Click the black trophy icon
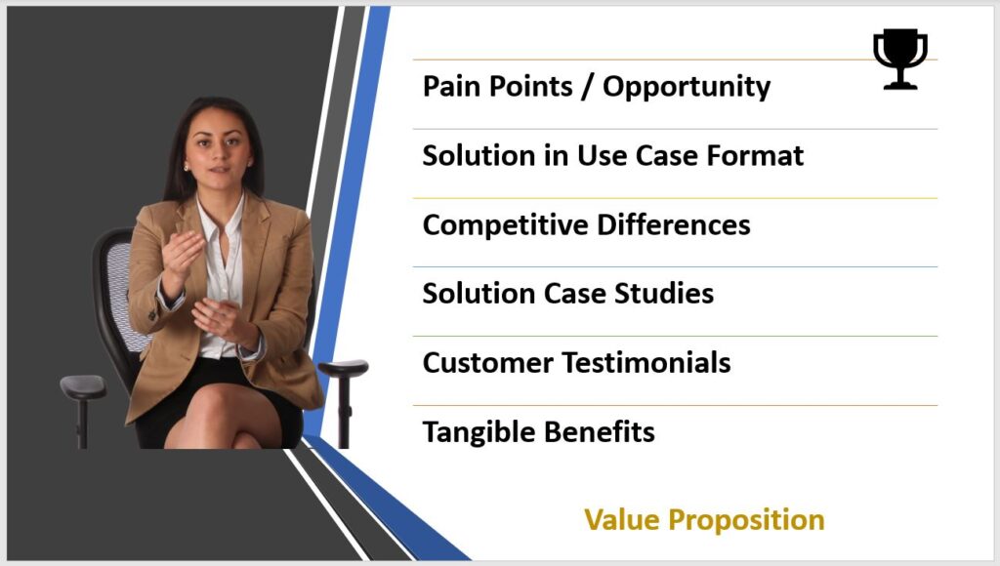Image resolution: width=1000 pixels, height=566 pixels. point(899,59)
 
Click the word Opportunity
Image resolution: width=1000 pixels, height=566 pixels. point(687,88)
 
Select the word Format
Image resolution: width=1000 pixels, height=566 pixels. point(755,155)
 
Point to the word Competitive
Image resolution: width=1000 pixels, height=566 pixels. point(505,226)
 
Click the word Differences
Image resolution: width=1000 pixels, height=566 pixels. point(674,225)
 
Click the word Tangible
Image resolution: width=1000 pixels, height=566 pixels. point(479,432)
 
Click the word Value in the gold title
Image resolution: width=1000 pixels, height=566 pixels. point(622,519)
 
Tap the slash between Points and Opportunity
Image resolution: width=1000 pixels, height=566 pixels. point(587,87)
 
